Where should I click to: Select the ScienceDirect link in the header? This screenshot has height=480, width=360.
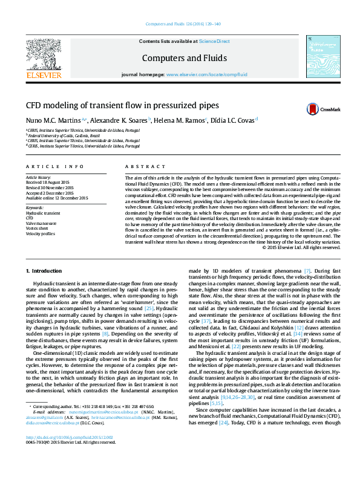click(215, 41)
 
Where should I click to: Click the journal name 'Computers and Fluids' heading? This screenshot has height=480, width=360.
click(184, 58)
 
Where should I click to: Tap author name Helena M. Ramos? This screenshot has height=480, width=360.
click(180, 121)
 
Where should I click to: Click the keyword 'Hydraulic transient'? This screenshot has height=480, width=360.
click(42, 213)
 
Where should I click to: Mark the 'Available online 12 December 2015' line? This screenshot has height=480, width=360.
click(57, 198)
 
